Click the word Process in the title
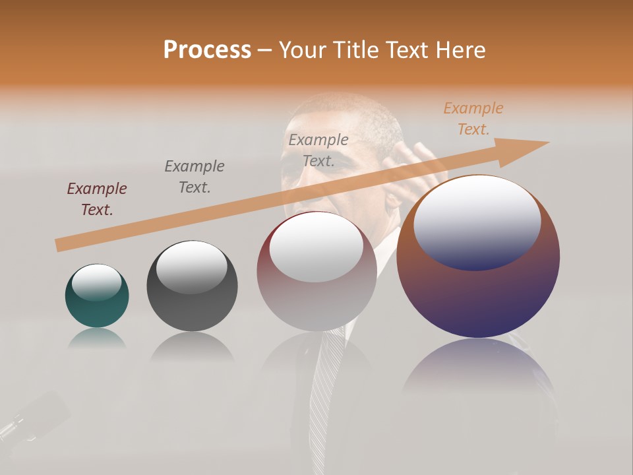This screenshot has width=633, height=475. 207,50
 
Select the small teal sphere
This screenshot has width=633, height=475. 97,296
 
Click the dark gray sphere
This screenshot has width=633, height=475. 192,286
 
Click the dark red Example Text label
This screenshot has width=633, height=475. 97,199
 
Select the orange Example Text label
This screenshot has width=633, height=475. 473,119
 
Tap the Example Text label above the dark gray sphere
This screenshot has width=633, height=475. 195,177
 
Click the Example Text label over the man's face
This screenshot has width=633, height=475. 318,150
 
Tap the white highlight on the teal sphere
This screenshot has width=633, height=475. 96,282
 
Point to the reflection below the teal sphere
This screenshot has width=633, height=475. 96,338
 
